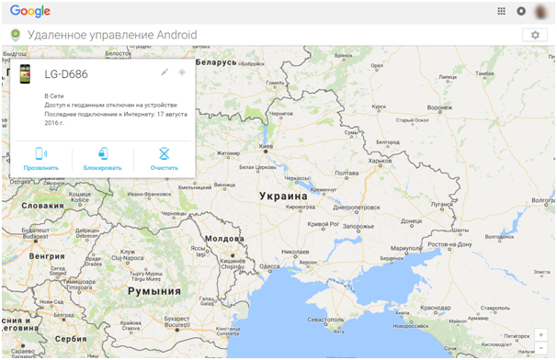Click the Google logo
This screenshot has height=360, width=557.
(30, 12)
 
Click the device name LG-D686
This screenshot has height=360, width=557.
(66, 74)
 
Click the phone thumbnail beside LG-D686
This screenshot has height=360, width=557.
(26, 74)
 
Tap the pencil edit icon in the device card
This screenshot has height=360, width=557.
(165, 72)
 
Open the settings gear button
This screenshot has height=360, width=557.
(535, 35)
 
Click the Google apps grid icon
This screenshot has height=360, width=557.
(501, 12)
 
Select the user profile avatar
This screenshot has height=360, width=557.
(542, 12)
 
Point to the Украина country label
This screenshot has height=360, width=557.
(282, 197)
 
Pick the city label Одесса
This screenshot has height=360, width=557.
(270, 266)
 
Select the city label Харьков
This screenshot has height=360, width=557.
(379, 161)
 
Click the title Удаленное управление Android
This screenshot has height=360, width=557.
(112, 35)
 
